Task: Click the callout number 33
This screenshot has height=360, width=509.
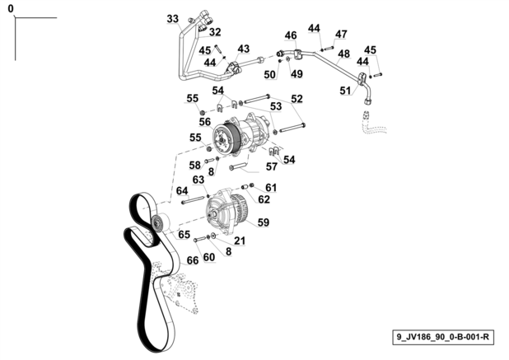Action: click(x=173, y=19)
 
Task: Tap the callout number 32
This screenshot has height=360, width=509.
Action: click(x=215, y=32)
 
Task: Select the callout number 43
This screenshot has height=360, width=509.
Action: click(x=244, y=49)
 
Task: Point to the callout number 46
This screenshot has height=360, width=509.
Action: click(x=291, y=35)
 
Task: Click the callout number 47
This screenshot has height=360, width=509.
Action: click(x=341, y=34)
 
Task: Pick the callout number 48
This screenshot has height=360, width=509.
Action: click(x=343, y=54)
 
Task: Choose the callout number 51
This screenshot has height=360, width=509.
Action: click(x=346, y=91)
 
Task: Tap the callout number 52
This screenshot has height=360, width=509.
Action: click(x=297, y=99)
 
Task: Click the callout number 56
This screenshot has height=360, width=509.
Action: click(x=205, y=122)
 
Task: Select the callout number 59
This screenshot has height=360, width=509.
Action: click(x=264, y=222)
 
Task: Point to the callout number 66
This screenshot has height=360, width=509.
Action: click(x=193, y=260)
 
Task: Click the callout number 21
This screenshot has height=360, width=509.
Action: click(x=240, y=241)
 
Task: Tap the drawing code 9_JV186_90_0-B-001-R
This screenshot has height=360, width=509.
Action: click(x=443, y=337)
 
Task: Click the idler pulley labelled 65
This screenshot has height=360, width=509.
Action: click(x=161, y=222)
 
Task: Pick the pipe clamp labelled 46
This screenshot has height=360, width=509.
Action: click(x=299, y=54)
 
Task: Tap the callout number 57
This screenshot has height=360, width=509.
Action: click(x=272, y=166)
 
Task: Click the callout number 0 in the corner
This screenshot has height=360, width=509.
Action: click(x=11, y=9)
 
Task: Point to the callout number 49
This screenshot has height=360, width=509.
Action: click(x=297, y=74)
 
